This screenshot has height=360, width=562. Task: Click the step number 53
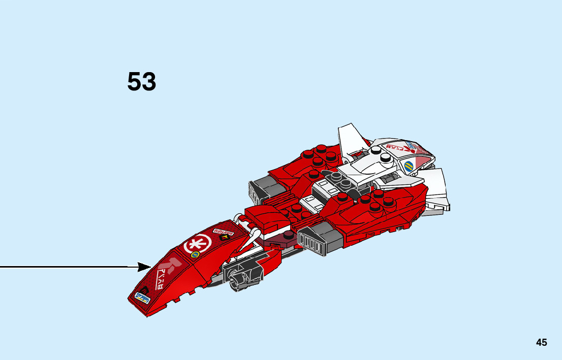[142, 82]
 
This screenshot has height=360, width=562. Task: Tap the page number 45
[541, 342]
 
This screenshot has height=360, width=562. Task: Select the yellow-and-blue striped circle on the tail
[409, 166]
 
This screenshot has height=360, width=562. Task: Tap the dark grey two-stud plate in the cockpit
[336, 177]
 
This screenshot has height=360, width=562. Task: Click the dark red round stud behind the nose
[287, 235]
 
